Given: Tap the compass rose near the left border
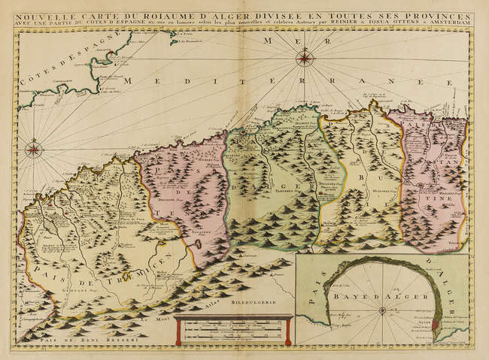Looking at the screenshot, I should pyautogui.click(x=34, y=149).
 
